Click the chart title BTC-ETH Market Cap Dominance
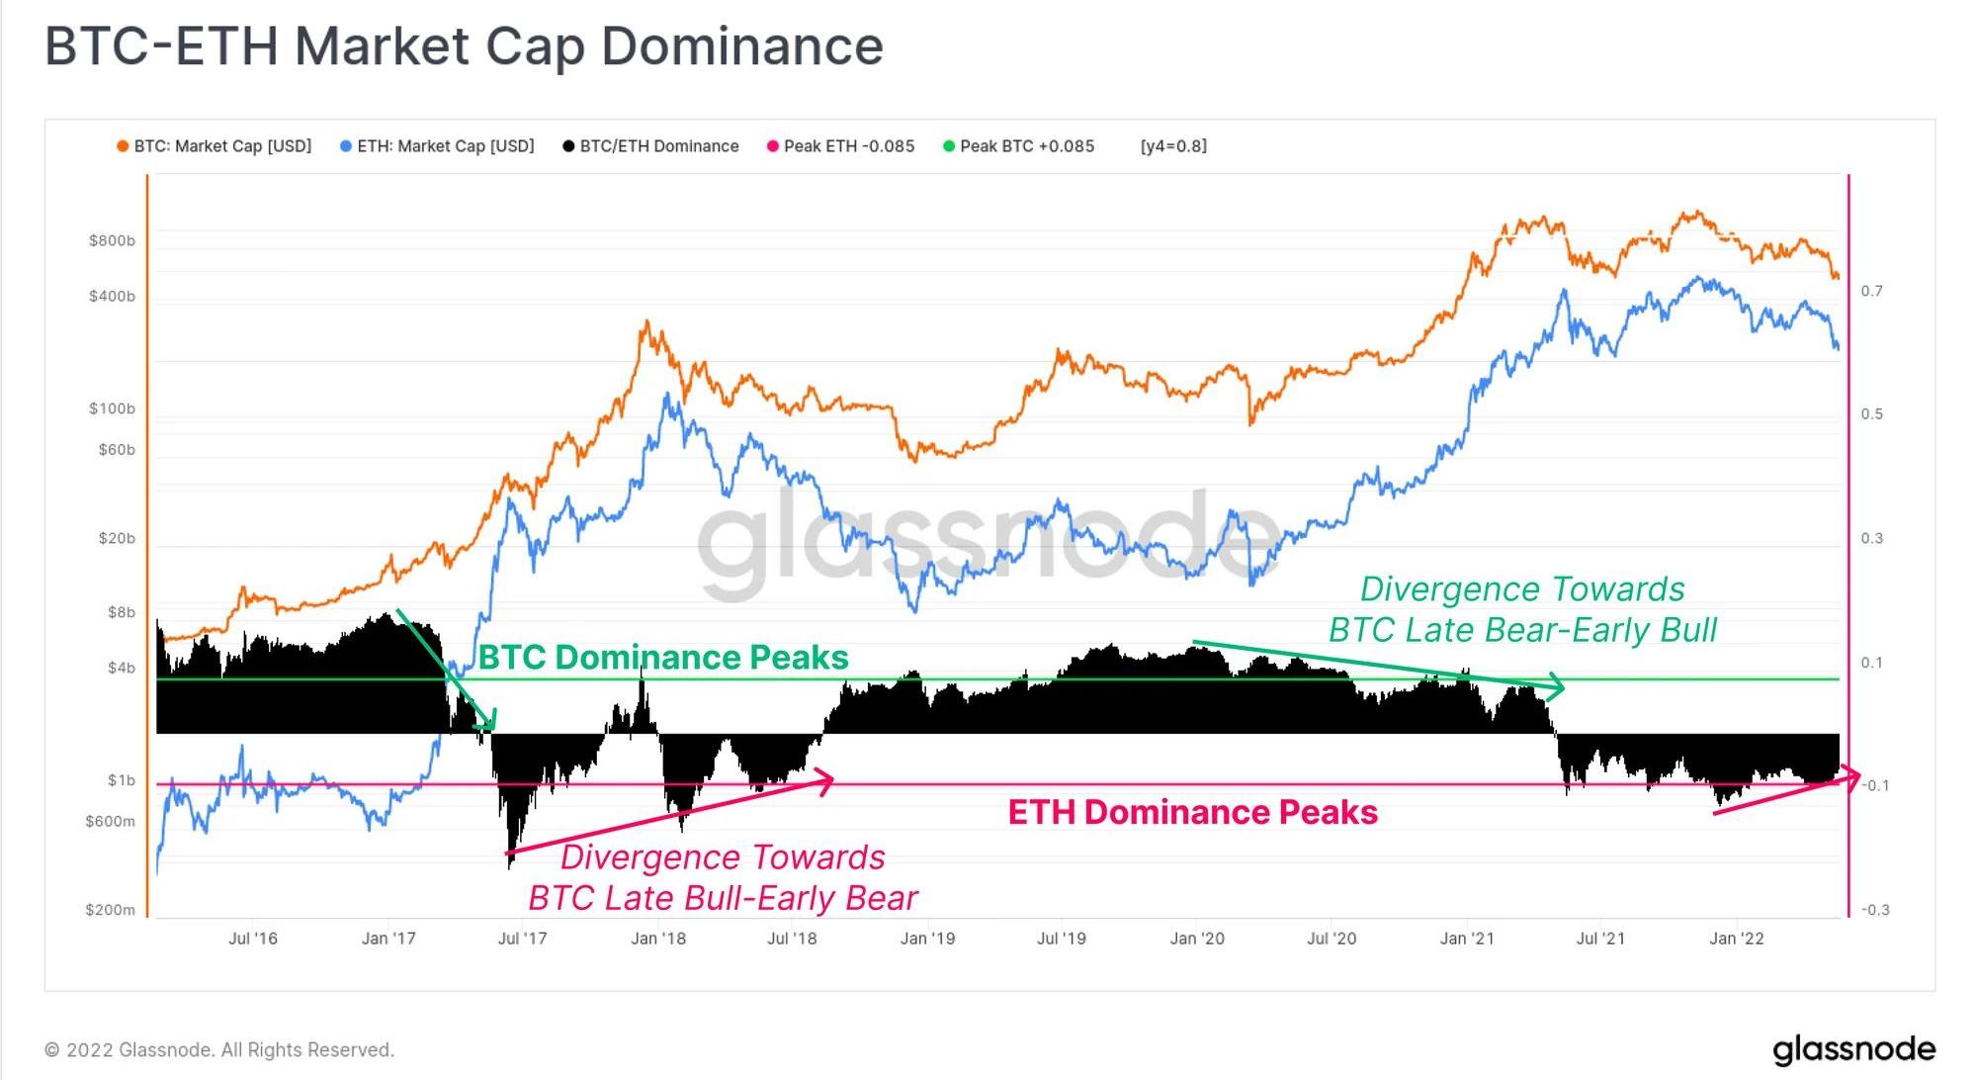[464, 46]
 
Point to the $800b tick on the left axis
[112, 241]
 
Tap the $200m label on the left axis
[111, 910]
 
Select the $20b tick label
[117, 539]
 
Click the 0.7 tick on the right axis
[1872, 291]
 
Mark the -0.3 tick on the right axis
[1874, 910]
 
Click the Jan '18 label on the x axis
[658, 939]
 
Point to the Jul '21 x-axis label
[1600, 939]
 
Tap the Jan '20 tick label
[1197, 939]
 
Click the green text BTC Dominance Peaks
[663, 658]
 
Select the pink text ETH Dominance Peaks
[1192, 812]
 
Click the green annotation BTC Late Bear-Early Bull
[1522, 630]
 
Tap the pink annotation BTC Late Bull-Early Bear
[723, 898]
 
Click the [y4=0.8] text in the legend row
[1173, 146]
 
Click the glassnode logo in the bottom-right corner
[1853, 1050]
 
